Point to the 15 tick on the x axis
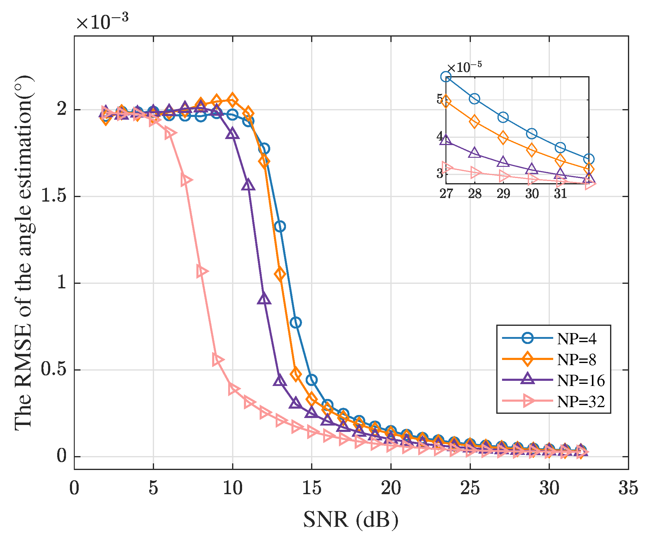[312, 488]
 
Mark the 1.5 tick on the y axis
[53, 196]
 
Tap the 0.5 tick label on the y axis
[53, 370]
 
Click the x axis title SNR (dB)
[351, 520]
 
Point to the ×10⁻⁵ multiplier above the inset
[464, 67]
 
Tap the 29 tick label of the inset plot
[503, 194]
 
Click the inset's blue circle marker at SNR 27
[446, 77]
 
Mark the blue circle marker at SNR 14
[296, 322]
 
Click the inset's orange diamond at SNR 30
[532, 150]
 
